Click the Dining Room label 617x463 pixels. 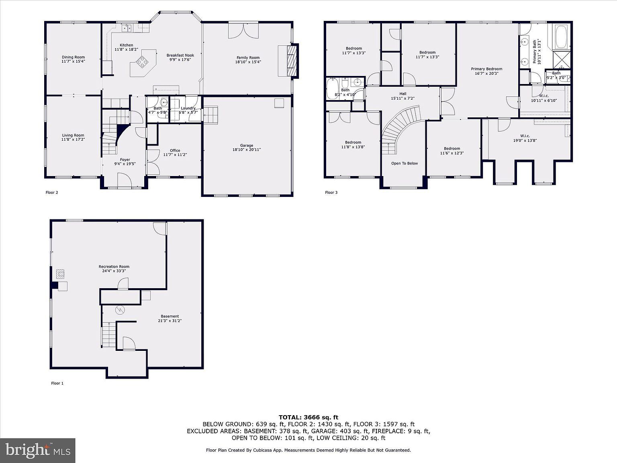point(73,57)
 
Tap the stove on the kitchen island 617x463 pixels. point(142,61)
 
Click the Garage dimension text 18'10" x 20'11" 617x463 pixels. point(247,150)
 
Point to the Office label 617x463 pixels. point(175,150)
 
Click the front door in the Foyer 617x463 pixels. point(124,180)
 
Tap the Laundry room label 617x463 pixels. point(188,108)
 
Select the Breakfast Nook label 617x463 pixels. point(180,55)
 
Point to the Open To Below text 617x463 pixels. point(405,163)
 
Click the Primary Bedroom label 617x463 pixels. point(486,69)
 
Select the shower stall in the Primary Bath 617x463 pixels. point(562,59)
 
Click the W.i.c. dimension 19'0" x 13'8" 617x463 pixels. point(525,140)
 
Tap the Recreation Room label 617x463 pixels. point(114,266)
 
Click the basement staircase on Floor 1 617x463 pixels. point(107,334)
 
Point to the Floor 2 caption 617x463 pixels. point(52,193)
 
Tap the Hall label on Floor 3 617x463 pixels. point(402,94)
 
